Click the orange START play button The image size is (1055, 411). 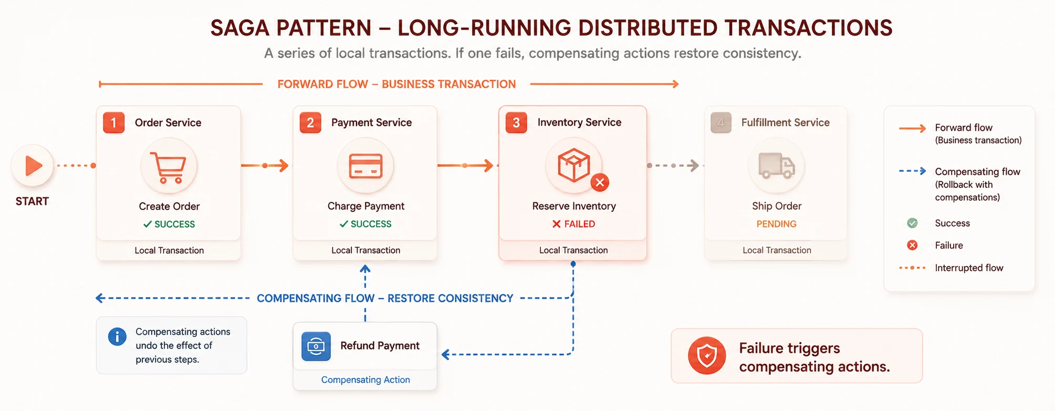33,166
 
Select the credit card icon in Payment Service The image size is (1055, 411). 365,166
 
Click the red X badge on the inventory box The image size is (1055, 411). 600,183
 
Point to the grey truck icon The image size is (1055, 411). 776,166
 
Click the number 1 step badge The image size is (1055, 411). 113,123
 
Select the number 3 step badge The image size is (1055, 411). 516,123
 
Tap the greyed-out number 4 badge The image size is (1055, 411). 721,123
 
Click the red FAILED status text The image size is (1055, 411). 573,224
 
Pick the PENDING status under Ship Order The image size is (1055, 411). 776,224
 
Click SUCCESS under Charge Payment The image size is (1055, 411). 365,224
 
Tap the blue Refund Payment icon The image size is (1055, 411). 316,346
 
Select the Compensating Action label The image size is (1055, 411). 365,380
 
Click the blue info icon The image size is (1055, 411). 117,336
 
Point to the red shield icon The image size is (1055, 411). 707,355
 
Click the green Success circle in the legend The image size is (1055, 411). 912,223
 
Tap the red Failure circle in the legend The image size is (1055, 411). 912,245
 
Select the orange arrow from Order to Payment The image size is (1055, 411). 265,166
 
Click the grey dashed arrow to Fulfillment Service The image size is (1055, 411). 673,166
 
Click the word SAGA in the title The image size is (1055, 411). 239,28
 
